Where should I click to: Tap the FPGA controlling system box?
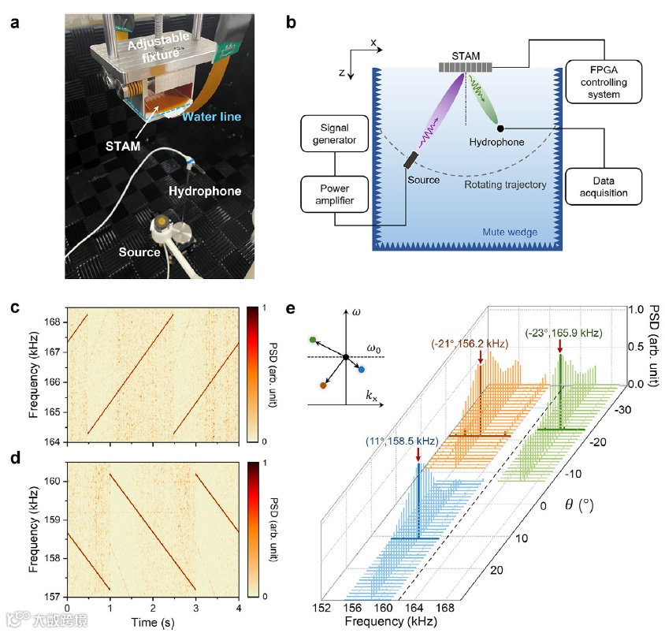point(604,79)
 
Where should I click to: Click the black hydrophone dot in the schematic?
point(500,128)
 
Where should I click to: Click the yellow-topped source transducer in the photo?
point(162,223)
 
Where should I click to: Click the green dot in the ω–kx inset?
point(313,340)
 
